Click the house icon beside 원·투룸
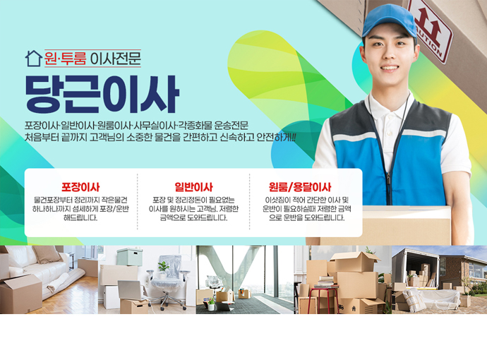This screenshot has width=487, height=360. pos(34,59)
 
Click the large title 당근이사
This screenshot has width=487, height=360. pos(102,94)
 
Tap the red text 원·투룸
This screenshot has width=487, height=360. pos(65,59)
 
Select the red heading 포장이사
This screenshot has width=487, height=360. pos(80,187)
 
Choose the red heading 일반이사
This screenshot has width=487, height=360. pos(193,187)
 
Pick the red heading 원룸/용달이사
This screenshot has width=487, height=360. pos(300,187)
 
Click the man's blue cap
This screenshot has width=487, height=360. pos(389,21)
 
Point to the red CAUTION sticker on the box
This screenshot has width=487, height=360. pos(430,29)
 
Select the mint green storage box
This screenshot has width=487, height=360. pos(130,256)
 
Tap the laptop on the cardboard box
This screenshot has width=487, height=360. pos(130,290)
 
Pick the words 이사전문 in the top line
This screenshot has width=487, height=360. pos(115,59)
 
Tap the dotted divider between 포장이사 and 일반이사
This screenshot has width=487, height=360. pos(138,202)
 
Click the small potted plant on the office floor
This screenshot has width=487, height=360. pos(211,304)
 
